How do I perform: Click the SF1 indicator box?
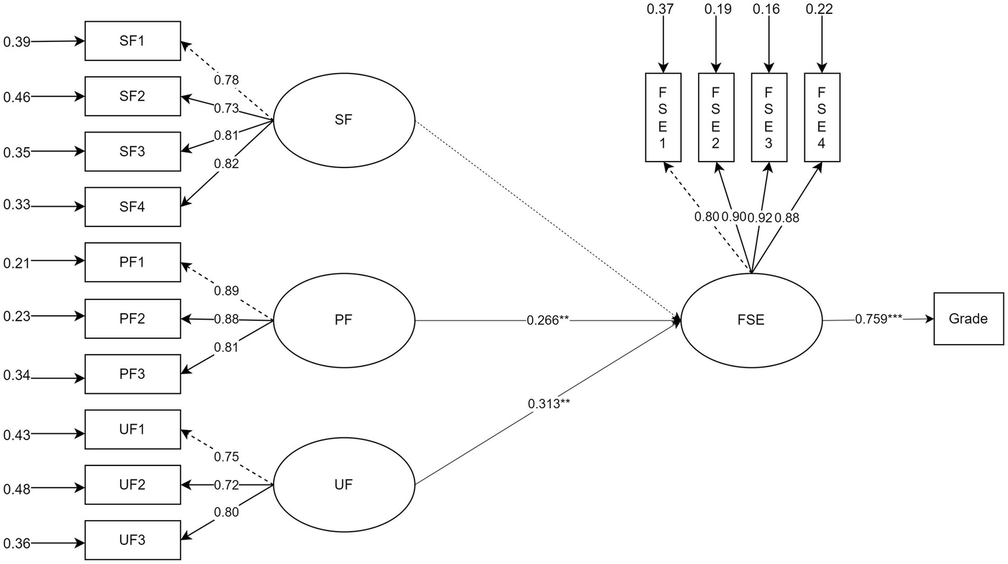(x=133, y=41)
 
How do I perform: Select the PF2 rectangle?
(x=133, y=318)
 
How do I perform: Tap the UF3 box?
(x=133, y=540)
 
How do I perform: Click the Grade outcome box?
(x=968, y=318)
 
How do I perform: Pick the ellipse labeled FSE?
(x=751, y=320)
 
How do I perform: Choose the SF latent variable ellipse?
(x=343, y=120)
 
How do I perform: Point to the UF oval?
(x=343, y=485)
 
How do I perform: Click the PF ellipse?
(x=343, y=320)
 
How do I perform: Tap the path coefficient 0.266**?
(x=547, y=320)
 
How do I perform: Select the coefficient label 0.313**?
(x=548, y=404)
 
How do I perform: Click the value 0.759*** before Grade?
(x=879, y=319)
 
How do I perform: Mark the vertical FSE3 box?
(x=768, y=117)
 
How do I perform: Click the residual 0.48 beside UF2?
(x=17, y=489)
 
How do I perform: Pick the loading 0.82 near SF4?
(x=227, y=164)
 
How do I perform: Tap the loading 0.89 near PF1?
(x=227, y=291)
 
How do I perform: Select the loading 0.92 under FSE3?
(x=760, y=218)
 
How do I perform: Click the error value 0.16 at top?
(x=767, y=9)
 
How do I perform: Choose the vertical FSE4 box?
(x=822, y=117)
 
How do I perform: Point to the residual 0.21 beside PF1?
(x=17, y=263)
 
